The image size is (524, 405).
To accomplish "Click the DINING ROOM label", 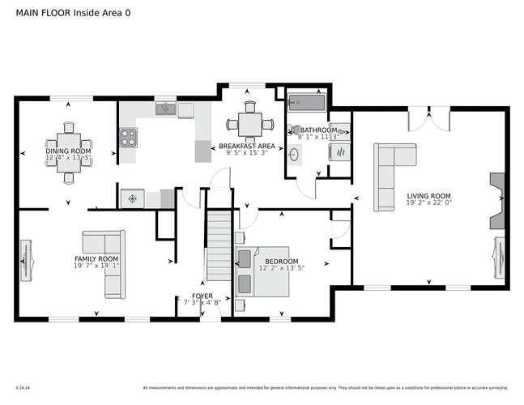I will [68, 151].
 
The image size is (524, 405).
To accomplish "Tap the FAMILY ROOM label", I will [96, 258].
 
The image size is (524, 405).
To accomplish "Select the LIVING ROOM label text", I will [428, 196].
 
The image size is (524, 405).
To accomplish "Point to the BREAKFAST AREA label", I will [247, 147].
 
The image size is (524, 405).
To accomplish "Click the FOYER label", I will [202, 296].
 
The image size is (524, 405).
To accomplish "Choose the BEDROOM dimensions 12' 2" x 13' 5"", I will [282, 267].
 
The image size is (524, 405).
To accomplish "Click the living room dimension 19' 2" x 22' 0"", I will [428, 204].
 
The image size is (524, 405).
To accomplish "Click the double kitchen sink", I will [167, 109].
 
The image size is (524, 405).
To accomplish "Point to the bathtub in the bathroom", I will [307, 103].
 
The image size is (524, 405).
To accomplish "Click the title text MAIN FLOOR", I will [43, 14].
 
